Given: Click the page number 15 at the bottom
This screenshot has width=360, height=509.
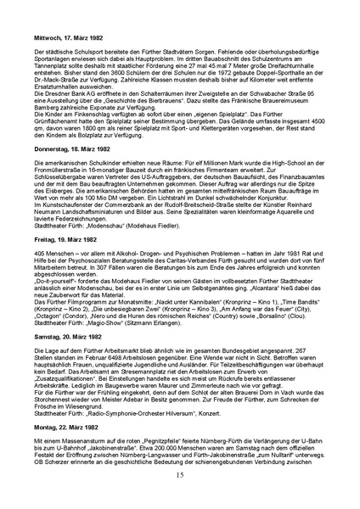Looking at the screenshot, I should pos(179,500).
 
